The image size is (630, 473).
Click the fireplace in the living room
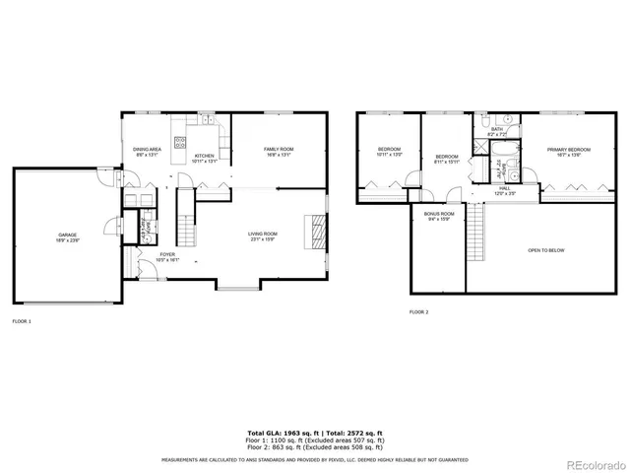[316, 235]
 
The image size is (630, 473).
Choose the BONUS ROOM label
[439, 216]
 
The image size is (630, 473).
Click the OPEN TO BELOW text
[546, 250]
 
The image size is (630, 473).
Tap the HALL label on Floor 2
[504, 189]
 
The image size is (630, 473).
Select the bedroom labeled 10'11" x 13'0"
[389, 152]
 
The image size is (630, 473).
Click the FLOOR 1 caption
[22, 321]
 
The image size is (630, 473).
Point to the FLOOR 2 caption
[419, 311]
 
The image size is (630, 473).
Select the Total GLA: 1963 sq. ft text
[280, 433]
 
